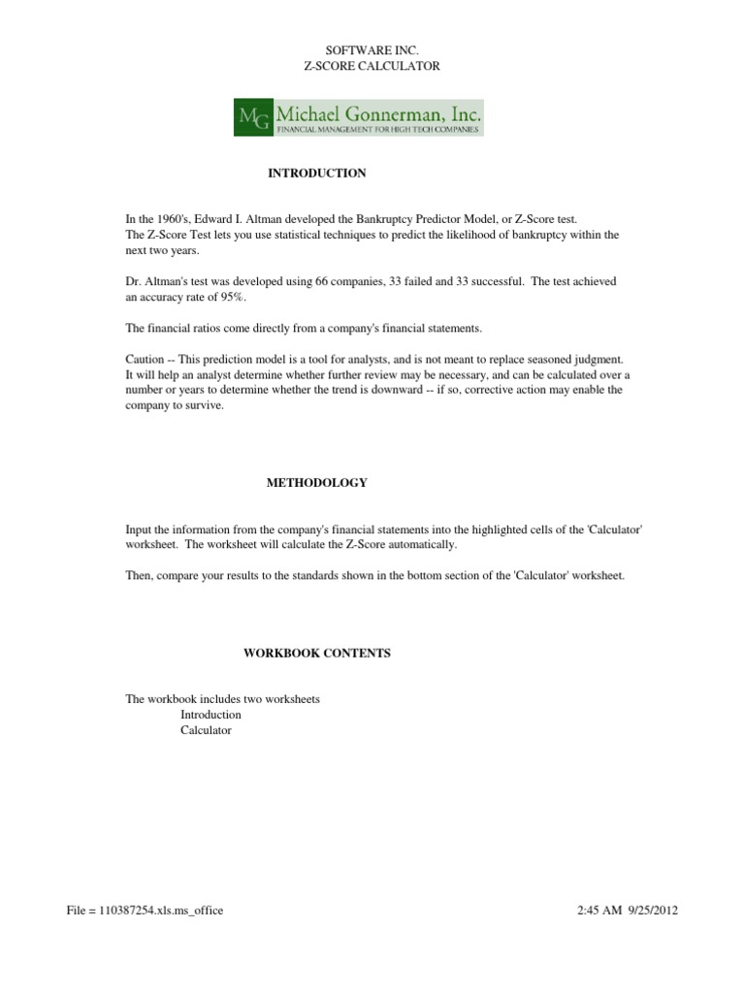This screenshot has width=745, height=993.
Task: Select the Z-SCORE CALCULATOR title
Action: click(x=372, y=66)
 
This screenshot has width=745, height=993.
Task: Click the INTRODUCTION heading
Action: click(x=317, y=174)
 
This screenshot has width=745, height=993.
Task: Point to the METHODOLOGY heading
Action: click(x=317, y=483)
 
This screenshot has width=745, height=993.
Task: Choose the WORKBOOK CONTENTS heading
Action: click(x=317, y=654)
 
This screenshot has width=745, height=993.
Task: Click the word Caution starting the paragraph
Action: click(x=146, y=359)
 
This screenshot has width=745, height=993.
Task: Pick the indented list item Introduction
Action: click(x=211, y=716)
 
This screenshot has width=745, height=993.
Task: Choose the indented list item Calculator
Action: click(x=207, y=731)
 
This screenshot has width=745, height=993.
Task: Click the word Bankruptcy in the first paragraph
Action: click(x=393, y=220)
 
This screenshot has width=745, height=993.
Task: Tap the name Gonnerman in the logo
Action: click(x=398, y=113)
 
